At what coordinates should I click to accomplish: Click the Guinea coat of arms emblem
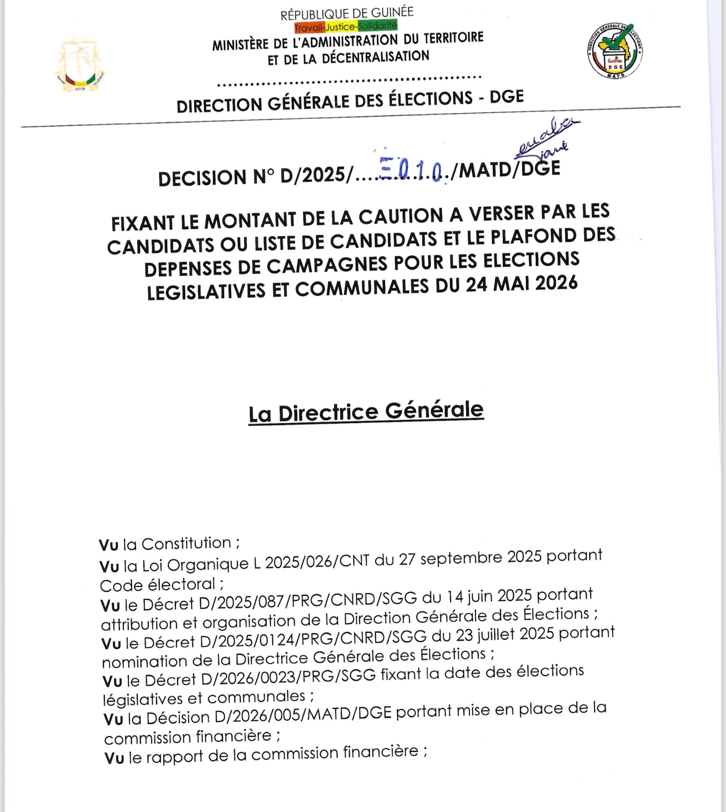(x=80, y=64)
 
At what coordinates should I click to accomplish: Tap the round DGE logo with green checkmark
(x=615, y=50)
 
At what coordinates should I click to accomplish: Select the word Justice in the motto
(x=340, y=27)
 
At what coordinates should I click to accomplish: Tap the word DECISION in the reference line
(x=202, y=178)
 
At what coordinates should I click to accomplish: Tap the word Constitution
(x=186, y=543)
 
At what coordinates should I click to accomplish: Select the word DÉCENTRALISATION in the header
(x=375, y=57)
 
